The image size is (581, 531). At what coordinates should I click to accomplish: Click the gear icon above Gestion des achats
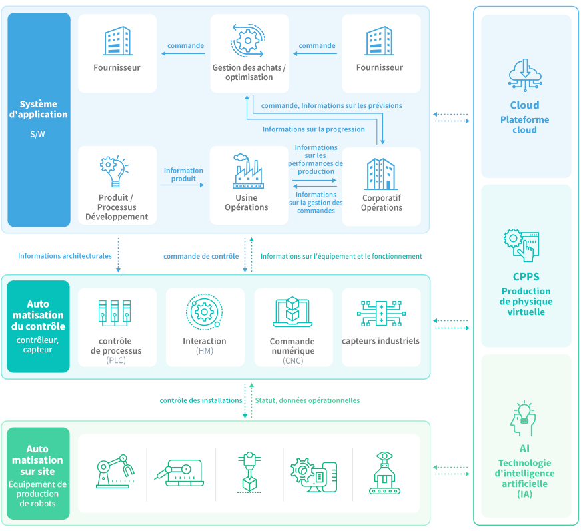[x=247, y=40]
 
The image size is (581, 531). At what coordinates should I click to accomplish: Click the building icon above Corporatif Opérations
[x=381, y=173]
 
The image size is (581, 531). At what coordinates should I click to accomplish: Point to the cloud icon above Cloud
[x=524, y=75]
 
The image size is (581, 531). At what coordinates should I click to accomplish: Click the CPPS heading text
[x=526, y=277]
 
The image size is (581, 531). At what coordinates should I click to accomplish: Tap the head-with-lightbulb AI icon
[x=524, y=420]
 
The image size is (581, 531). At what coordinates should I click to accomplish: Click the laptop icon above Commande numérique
[x=292, y=312]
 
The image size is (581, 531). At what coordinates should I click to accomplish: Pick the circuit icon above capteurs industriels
[x=380, y=312]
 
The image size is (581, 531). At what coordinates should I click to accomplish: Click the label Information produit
[x=183, y=174]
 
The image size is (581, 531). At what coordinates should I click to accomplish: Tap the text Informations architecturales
[x=65, y=256]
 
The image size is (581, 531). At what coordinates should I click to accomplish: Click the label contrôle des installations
[x=201, y=400]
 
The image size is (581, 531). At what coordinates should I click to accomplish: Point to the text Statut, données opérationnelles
[x=307, y=400]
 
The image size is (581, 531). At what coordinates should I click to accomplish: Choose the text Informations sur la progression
[x=313, y=129]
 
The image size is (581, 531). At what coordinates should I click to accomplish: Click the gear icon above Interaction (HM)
[x=203, y=312]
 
